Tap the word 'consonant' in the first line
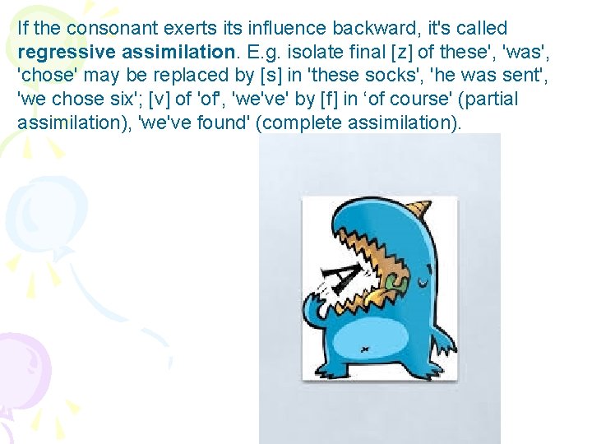101,28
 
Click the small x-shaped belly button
365,349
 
